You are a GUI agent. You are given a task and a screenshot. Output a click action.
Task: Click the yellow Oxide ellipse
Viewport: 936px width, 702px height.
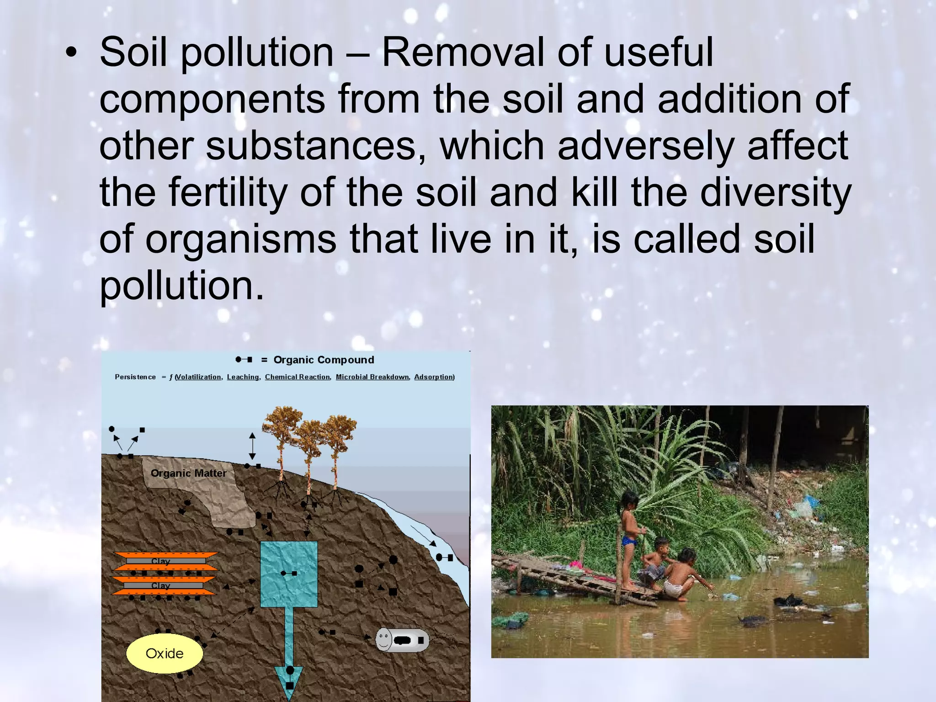pos(164,654)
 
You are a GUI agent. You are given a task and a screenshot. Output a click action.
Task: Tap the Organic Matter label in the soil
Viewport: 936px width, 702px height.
pos(188,473)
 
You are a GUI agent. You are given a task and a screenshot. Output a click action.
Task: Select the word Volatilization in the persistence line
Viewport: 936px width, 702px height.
pos(199,377)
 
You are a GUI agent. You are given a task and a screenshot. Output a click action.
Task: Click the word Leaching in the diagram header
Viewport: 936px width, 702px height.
pos(243,377)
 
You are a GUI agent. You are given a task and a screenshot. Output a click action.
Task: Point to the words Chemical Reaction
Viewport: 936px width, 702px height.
pos(297,377)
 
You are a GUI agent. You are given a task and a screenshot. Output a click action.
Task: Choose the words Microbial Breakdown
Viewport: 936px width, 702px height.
pos(372,377)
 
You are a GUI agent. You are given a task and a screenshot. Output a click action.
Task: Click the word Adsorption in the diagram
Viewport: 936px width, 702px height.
pos(434,377)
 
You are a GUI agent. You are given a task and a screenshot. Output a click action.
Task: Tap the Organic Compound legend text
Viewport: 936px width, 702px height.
pos(324,360)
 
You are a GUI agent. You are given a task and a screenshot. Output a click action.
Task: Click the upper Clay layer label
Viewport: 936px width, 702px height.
pos(160,561)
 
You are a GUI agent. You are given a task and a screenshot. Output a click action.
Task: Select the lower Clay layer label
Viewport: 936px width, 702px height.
pos(160,586)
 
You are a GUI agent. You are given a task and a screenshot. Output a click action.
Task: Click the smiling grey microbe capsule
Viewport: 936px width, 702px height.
pos(402,640)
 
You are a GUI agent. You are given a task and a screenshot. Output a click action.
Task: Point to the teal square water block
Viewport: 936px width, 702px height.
pos(289,574)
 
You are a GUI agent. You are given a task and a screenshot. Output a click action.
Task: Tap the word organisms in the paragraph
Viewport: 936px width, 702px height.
pos(240,239)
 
